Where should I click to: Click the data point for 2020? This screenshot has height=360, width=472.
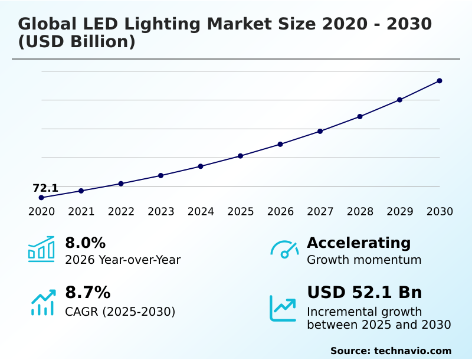41,198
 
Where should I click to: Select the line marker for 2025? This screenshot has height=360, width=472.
241,156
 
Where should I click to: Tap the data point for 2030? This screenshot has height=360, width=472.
440,81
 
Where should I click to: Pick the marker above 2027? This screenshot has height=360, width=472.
320,131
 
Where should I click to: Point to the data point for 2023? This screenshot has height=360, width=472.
160,175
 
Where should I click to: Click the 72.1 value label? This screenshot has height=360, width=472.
45,188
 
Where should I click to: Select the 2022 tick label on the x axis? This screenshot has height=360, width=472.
121,212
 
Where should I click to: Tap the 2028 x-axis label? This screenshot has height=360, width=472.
360,212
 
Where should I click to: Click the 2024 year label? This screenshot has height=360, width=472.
201,212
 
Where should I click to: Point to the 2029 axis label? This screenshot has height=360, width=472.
400,212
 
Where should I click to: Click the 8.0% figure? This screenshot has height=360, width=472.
85,243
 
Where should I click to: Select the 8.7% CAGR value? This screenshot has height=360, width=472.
87,293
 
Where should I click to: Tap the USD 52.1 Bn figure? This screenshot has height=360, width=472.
365,293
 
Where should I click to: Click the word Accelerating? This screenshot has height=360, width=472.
359,243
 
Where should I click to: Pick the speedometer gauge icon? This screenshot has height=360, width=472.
284,250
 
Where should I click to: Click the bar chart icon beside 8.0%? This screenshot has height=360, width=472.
41,249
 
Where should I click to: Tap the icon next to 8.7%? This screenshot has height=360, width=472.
43,302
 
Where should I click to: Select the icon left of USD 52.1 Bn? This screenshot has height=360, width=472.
283,308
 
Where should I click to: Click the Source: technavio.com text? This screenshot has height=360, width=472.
391,351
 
